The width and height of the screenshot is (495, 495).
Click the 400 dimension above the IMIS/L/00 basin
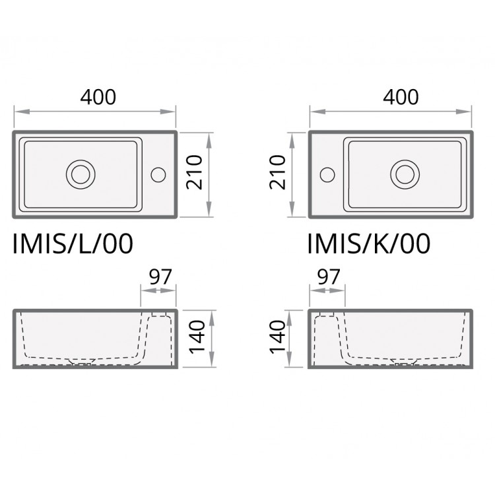click(x=98, y=97)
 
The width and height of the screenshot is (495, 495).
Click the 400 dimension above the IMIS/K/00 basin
click(x=401, y=97)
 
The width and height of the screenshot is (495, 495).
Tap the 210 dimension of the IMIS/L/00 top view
click(x=194, y=172)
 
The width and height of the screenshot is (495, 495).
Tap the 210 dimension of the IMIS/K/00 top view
click(x=277, y=172)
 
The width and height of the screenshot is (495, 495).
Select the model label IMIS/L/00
click(x=73, y=244)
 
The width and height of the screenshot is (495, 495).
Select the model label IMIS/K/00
click(x=369, y=244)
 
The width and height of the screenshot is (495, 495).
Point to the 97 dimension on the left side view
click(x=160, y=277)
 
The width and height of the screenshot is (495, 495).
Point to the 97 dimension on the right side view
click(x=329, y=277)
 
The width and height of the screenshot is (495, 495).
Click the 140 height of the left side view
click(x=197, y=337)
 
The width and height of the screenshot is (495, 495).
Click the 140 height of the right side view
click(x=277, y=337)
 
